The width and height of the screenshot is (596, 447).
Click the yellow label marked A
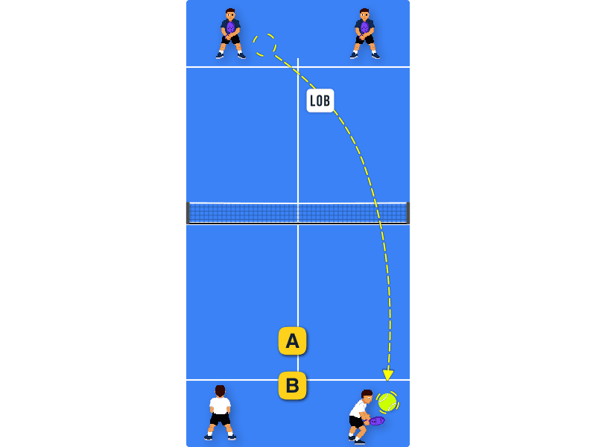click(x=292, y=341)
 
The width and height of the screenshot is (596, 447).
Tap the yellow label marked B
click(x=292, y=385)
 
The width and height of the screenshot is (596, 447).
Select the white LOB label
click(x=320, y=101)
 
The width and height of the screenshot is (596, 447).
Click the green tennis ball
click(x=387, y=402)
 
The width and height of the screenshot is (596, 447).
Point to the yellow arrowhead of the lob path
click(x=387, y=375)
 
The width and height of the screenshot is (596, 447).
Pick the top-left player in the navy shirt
click(x=231, y=34)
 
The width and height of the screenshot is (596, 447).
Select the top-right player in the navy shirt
click(x=365, y=34)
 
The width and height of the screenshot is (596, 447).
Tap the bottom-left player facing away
click(x=220, y=413)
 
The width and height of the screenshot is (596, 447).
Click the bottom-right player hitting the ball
click(x=361, y=417)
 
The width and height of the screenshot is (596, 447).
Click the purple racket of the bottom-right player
click(x=376, y=421)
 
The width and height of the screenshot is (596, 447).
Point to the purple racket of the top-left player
click(x=230, y=29)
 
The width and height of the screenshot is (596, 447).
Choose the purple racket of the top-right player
click(x=364, y=29)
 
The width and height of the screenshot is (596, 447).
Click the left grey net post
click(x=188, y=213)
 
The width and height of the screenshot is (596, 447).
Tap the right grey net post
click(x=408, y=213)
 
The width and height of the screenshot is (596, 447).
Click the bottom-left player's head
click(x=220, y=391)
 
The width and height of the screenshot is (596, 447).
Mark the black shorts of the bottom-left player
click(x=220, y=419)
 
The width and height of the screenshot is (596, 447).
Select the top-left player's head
click(x=230, y=14)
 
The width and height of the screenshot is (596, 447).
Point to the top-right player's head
click(x=364, y=14)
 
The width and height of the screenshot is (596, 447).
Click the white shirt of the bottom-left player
click(x=220, y=405)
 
